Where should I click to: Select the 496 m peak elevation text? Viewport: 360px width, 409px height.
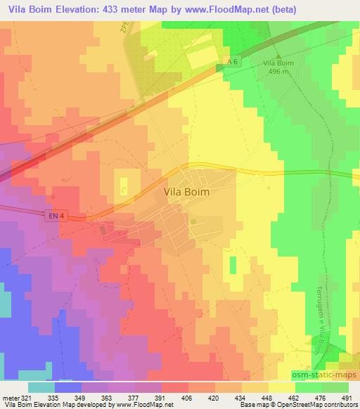[x=277, y=71]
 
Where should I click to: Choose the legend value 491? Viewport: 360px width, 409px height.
[x=345, y=397]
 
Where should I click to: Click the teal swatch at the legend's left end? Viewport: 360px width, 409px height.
[x=41, y=387]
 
